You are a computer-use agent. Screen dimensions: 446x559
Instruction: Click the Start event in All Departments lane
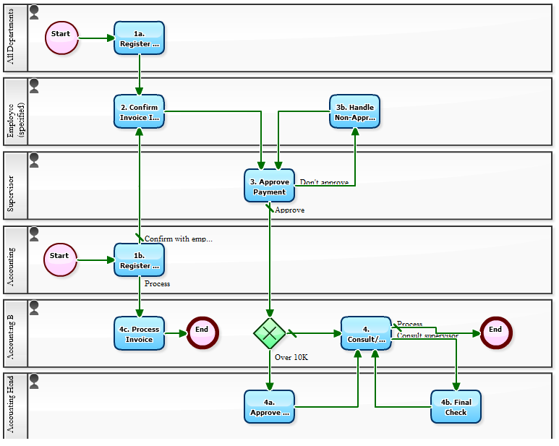point(61,38)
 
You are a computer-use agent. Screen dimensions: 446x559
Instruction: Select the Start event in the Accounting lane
point(60,260)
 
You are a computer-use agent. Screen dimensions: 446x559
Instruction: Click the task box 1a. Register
point(139,38)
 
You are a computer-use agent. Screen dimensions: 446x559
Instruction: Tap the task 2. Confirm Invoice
point(139,112)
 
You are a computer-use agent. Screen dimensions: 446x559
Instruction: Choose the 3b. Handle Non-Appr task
point(354,112)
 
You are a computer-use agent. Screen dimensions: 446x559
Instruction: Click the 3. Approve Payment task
point(269,186)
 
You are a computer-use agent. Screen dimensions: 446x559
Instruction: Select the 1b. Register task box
point(139,260)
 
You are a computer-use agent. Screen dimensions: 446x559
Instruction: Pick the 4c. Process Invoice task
point(139,333)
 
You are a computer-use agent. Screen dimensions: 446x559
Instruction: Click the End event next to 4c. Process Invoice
point(202,333)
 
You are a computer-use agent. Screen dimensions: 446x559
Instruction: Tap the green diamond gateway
point(269,333)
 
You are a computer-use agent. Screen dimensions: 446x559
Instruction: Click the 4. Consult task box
point(366,333)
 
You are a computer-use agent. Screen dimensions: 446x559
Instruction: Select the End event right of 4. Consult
point(495,333)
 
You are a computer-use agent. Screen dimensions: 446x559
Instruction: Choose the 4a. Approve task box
point(269,407)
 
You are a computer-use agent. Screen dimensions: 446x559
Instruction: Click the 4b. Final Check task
point(456,407)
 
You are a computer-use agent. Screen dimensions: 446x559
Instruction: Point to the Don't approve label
point(324,182)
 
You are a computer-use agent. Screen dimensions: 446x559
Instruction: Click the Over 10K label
point(291,356)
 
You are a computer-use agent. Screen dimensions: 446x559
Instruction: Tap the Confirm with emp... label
point(179,239)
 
